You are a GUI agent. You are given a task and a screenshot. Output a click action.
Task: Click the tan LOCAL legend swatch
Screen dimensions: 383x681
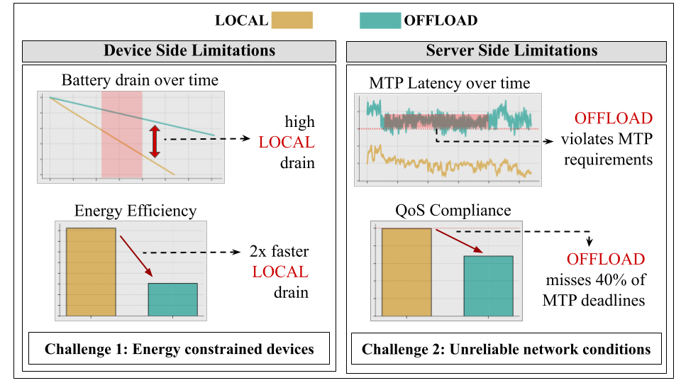point(292,21)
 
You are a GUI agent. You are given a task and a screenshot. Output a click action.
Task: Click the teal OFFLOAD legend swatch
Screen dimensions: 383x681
point(380,21)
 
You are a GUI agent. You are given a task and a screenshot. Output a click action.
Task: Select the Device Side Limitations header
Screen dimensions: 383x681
point(179,51)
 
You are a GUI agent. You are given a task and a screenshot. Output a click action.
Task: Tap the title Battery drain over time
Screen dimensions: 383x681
point(140,79)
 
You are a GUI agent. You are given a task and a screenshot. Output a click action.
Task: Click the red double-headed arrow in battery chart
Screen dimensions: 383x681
point(155,140)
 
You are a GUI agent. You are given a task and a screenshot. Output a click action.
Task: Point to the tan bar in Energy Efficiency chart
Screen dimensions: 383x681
point(91,271)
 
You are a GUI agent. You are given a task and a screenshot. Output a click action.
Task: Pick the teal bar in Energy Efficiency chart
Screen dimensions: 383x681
point(172,299)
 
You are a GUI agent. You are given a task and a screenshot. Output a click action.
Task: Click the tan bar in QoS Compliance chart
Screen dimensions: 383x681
point(406,271)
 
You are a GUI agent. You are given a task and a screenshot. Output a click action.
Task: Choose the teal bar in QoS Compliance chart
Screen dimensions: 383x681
point(488,285)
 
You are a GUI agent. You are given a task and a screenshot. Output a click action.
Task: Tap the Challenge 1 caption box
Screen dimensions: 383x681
point(179,349)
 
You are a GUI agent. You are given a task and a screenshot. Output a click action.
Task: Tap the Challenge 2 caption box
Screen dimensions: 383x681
point(506,349)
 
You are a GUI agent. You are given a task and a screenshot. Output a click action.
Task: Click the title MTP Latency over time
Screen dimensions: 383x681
point(449,84)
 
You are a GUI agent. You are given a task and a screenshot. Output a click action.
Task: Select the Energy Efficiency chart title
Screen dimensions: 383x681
point(135,211)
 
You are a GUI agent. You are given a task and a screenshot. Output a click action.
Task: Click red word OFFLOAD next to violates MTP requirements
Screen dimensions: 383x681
point(614,118)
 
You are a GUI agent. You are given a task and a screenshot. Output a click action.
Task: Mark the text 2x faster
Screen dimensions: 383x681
point(279,252)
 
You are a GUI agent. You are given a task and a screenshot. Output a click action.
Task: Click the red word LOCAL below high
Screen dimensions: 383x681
point(286,143)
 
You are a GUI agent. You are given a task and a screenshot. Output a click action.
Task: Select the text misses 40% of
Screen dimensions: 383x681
point(594,279)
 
